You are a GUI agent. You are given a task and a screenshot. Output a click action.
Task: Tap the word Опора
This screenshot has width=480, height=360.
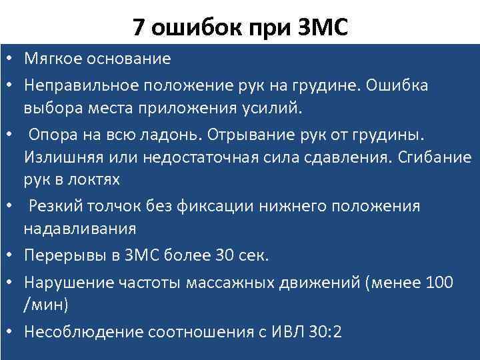click(50, 135)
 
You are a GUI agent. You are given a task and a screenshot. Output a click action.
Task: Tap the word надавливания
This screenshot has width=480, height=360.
click(79, 229)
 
